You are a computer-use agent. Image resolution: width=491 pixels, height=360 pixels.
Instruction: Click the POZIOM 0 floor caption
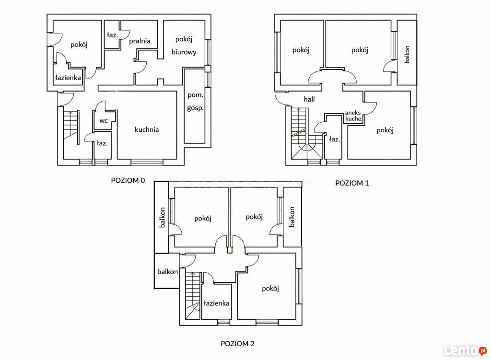pyautogui.click(x=128, y=180)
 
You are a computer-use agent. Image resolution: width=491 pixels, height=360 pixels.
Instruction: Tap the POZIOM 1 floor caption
pyautogui.click(x=352, y=183)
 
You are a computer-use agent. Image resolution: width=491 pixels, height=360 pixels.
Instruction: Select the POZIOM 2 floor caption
pyautogui.click(x=237, y=344)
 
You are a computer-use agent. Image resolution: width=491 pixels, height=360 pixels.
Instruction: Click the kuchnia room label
pyautogui.click(x=147, y=129)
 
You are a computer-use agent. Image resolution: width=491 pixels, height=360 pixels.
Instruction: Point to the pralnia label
pyautogui.click(x=140, y=41)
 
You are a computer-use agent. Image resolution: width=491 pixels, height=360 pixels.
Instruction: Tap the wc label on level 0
pyautogui.click(x=104, y=121)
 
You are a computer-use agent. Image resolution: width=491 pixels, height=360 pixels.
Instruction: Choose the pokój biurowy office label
pyautogui.click(x=184, y=46)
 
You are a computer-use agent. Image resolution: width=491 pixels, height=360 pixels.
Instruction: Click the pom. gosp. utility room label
pyautogui.click(x=196, y=102)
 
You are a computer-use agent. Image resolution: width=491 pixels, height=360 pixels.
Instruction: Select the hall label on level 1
pyautogui.click(x=309, y=99)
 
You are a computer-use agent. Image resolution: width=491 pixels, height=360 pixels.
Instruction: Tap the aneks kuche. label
pyautogui.click(x=353, y=116)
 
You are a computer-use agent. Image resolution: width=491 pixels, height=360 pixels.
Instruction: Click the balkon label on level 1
pyautogui.click(x=407, y=55)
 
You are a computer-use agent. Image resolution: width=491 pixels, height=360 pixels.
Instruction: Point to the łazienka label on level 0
pyautogui.click(x=68, y=78)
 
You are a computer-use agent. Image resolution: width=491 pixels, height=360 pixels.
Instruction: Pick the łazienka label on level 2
pyautogui.click(x=216, y=303)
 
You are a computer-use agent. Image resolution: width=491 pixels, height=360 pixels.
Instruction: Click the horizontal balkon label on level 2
pyautogui.click(x=167, y=272)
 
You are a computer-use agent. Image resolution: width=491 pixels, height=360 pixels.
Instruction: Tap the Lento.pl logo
pyautogui.click(x=465, y=350)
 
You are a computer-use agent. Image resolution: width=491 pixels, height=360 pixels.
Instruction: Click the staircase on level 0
pyautogui.click(x=71, y=125)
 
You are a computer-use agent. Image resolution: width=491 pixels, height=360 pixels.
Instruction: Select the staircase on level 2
pyautogui.click(x=193, y=295)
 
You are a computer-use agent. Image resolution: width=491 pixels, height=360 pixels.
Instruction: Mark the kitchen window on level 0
pyautogui.click(x=147, y=162)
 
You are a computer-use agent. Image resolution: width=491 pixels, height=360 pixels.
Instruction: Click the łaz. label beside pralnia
pyautogui.click(x=112, y=35)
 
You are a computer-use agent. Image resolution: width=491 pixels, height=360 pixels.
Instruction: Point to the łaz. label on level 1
pyautogui.click(x=334, y=139)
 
